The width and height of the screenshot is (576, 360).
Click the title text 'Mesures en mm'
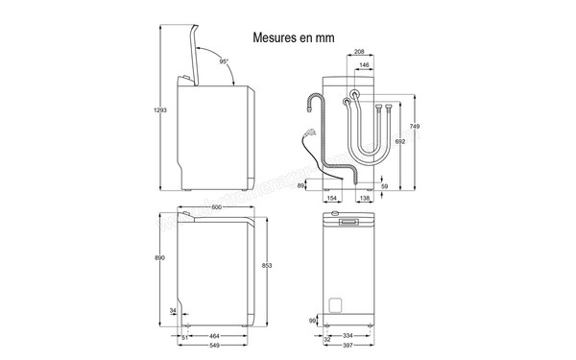coord(294,39)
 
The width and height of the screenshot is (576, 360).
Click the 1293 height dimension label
coord(158,112)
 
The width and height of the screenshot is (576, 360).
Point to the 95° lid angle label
coord(223,61)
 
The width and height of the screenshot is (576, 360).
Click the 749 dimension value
coord(414,128)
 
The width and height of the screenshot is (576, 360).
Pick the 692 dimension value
coord(399,141)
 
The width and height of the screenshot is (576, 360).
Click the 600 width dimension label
coord(217,208)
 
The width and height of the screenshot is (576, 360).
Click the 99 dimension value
coord(313,320)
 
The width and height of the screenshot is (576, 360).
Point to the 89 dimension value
coord(300,185)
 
